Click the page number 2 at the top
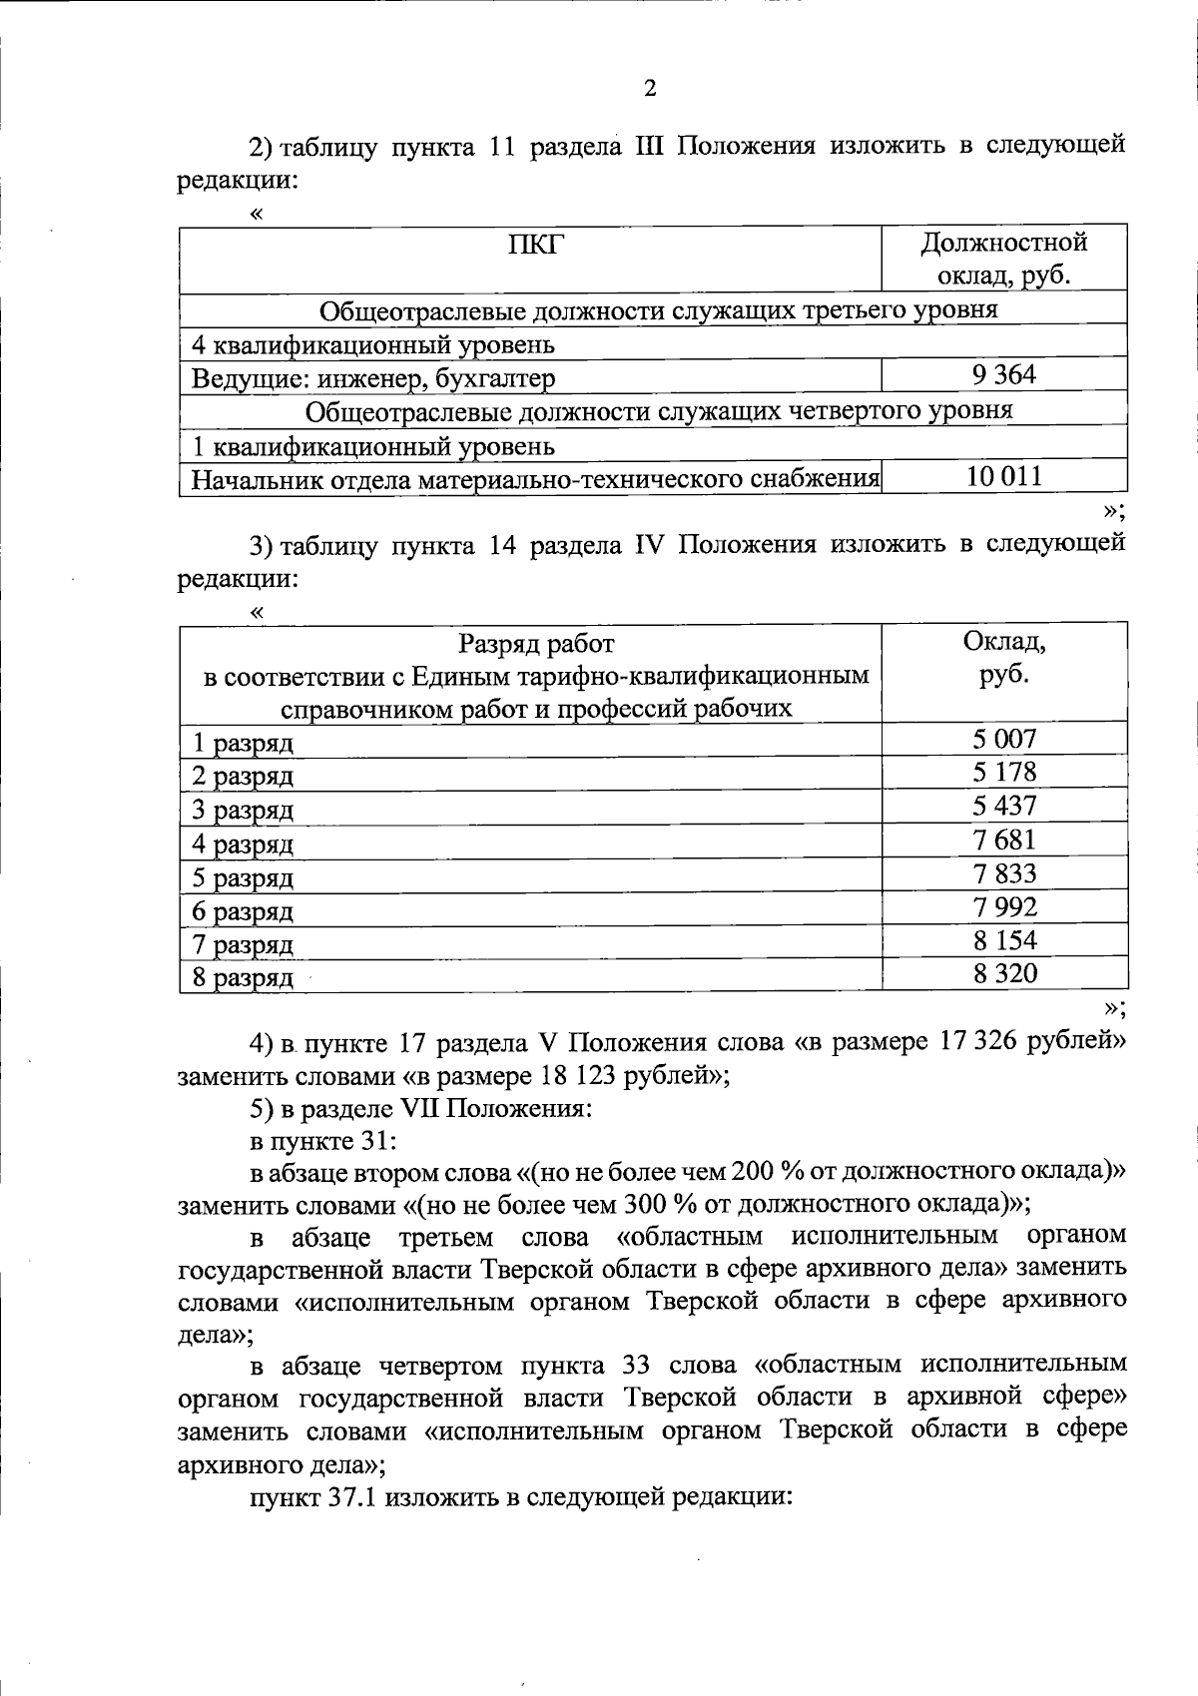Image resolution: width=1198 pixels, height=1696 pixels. [650, 89]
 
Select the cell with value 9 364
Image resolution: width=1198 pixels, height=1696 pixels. [1003, 375]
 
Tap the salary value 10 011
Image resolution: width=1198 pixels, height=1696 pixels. [1003, 476]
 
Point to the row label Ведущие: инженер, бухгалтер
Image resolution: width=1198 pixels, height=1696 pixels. [373, 378]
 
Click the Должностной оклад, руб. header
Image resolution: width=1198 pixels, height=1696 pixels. [1003, 259]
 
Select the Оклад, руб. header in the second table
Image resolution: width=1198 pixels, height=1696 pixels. [1003, 658]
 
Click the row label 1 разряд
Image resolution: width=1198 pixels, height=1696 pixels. [243, 743]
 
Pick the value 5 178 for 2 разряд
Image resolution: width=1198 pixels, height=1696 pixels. [1004, 772]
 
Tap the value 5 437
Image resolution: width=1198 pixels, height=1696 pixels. [1004, 806]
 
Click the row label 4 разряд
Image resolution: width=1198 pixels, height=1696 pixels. [243, 845]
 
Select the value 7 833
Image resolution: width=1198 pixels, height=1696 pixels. [1004, 873]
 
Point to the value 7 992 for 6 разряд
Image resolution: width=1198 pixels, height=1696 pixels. [1004, 906]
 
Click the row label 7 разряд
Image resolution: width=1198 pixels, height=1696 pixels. [243, 944]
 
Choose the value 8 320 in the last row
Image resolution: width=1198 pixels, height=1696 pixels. [1004, 973]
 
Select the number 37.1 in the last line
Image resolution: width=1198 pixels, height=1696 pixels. [350, 1497]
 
